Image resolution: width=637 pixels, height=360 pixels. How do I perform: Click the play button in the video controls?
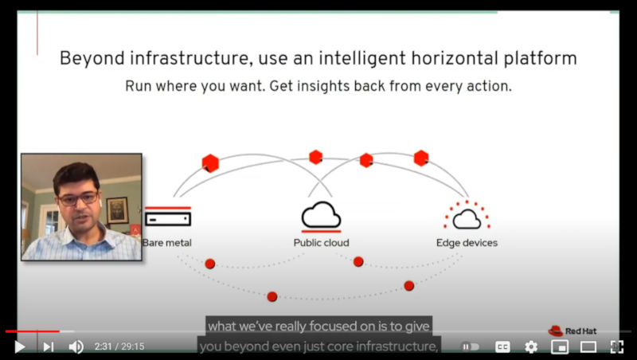coord(19,346)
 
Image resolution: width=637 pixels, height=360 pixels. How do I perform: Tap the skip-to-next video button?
coord(49,346)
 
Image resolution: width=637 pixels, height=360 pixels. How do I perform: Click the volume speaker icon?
coord(76,346)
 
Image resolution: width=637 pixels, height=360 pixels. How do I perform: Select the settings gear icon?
coord(531,346)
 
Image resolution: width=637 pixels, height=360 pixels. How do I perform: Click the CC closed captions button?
coord(502,346)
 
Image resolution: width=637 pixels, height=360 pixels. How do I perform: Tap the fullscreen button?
coord(616,346)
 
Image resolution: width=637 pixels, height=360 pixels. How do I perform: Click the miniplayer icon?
coord(560,346)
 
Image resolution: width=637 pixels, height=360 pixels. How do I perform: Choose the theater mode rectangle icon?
coord(588,346)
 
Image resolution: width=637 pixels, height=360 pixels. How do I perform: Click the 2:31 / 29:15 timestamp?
coord(119,346)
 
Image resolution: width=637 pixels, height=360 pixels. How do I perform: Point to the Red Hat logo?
coord(573,331)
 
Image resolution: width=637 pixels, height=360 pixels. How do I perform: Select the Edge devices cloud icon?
coord(467,215)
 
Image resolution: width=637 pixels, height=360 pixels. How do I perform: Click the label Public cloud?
coord(321,243)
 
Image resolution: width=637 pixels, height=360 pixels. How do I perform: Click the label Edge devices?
coord(467,243)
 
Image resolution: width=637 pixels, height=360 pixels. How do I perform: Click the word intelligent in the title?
coord(362,58)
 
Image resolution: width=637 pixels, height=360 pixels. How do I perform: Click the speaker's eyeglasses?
coord(78,198)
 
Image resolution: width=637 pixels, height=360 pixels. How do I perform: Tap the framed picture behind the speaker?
coord(117,210)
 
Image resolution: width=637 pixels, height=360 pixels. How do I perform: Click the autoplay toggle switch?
coord(471,346)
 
